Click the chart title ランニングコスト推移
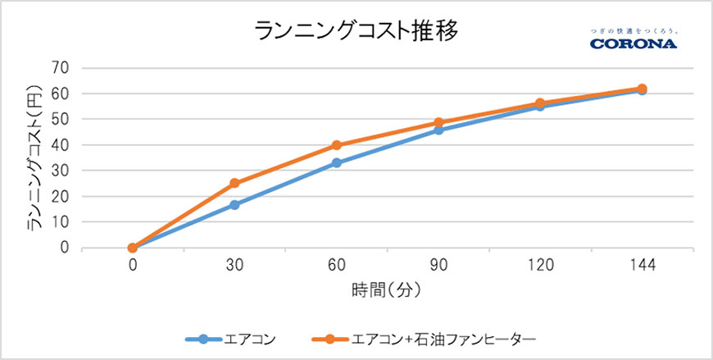click(x=356, y=30)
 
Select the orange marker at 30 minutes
click(x=234, y=183)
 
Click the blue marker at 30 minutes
click(x=234, y=204)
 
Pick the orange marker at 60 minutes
click(x=336, y=145)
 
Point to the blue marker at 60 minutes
click(x=336, y=162)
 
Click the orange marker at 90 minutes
click(x=438, y=122)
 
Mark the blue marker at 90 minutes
click(x=438, y=130)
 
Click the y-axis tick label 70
click(x=58, y=68)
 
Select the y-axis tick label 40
click(x=58, y=145)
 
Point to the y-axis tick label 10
click(x=58, y=222)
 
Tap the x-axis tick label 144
click(x=643, y=266)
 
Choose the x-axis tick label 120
click(x=540, y=266)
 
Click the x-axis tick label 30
click(x=234, y=266)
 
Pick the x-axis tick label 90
click(x=438, y=266)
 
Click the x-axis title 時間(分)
click(x=388, y=290)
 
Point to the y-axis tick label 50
click(x=58, y=120)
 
